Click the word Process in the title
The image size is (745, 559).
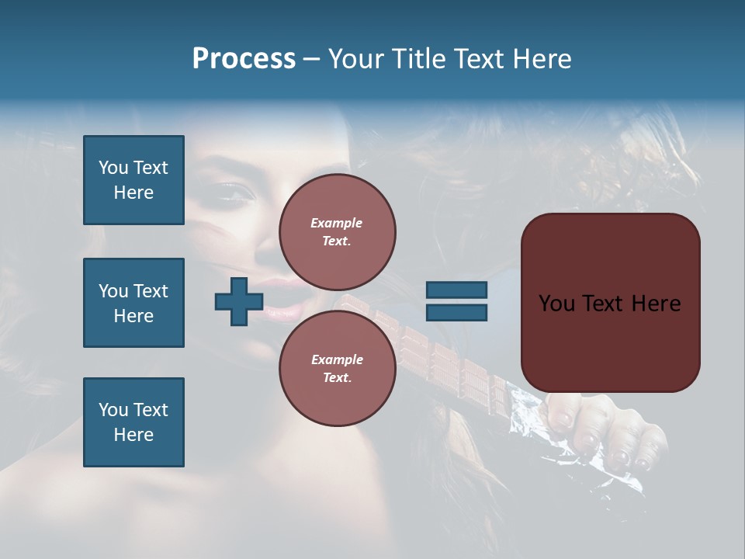coord(244,59)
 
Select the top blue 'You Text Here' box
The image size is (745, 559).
coord(133,180)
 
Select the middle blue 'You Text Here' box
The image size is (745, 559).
coord(133,303)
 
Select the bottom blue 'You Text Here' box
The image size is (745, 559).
coord(133,422)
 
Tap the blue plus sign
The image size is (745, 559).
coord(239,301)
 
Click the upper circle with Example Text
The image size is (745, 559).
coord(337,231)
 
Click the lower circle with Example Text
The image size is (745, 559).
coord(337,368)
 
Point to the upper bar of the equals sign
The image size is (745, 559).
coord(456,290)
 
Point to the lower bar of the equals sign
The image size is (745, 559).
coord(456,312)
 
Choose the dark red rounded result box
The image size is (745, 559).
coord(610,303)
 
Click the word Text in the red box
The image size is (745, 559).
coord(609,304)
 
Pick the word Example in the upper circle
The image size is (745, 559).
coord(337,223)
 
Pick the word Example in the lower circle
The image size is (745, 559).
coord(337,359)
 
